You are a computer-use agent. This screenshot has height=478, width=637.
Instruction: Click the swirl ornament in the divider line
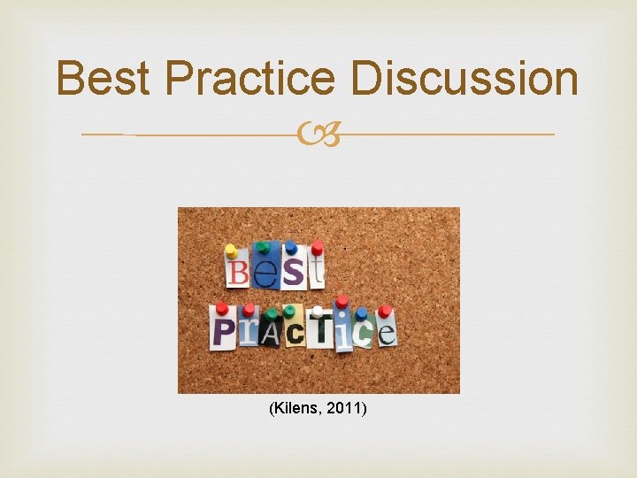point(318,135)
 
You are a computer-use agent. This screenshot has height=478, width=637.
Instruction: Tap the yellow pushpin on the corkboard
point(231,251)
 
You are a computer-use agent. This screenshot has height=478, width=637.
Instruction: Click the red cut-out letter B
point(237,272)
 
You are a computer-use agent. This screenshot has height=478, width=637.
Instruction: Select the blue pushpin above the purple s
point(290,247)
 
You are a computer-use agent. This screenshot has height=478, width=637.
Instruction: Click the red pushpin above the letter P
point(221,309)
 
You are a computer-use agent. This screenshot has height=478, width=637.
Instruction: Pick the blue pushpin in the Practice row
point(363,313)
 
